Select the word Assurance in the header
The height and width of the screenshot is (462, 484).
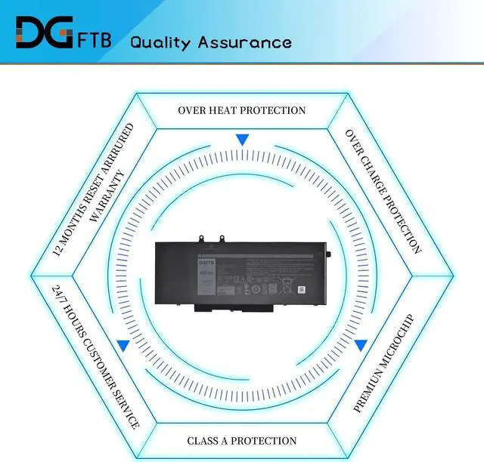click(x=245, y=42)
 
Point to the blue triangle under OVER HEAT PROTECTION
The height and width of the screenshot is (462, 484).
click(x=242, y=140)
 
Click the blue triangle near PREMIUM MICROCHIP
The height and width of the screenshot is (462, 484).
click(x=361, y=345)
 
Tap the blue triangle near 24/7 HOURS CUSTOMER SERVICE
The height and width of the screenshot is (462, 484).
click(x=123, y=345)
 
